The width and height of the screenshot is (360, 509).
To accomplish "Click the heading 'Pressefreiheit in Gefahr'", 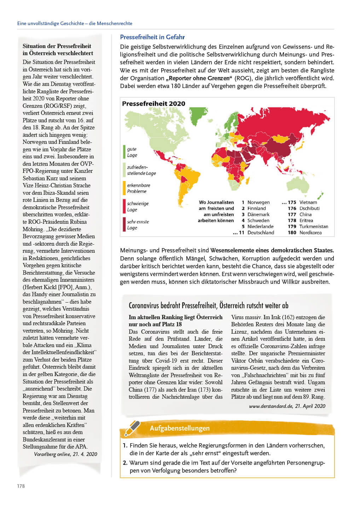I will click(x=152, y=37).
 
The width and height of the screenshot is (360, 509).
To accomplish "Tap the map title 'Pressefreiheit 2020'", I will click(x=153, y=104).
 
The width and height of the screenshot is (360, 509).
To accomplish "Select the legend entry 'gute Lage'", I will click(x=132, y=152).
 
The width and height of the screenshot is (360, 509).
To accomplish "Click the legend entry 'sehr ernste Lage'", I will click(x=138, y=225).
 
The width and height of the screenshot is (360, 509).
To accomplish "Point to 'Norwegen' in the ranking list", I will click(x=258, y=203).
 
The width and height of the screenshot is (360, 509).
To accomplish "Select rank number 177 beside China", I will click(x=292, y=215).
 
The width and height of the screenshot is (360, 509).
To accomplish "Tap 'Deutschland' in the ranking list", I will click(x=261, y=233).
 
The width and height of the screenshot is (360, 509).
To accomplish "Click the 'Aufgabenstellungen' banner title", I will click(x=180, y=428).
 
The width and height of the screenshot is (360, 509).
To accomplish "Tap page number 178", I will click(x=21, y=486).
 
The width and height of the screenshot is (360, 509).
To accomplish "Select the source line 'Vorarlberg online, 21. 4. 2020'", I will click(x=65, y=454).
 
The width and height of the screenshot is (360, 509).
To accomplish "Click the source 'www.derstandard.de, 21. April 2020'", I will click(x=287, y=406).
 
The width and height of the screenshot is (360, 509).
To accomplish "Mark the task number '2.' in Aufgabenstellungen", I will click(x=125, y=463).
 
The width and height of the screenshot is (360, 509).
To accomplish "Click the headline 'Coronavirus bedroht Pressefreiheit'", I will click(x=173, y=305).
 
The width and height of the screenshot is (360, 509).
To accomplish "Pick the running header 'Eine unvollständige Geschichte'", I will click(x=51, y=23).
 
